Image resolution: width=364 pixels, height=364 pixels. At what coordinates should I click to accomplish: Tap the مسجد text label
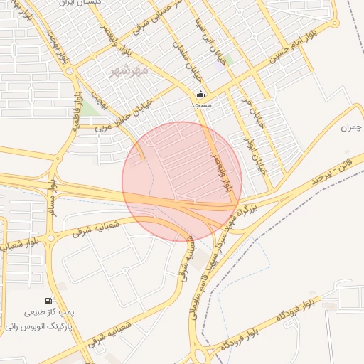click(x=201, y=104)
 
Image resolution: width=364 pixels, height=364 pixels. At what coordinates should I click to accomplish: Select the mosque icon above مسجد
click(x=201, y=93)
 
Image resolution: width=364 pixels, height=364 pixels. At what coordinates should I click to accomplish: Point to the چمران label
click(x=352, y=127)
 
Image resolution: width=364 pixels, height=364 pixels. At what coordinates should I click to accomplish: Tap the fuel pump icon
click(x=48, y=301)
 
